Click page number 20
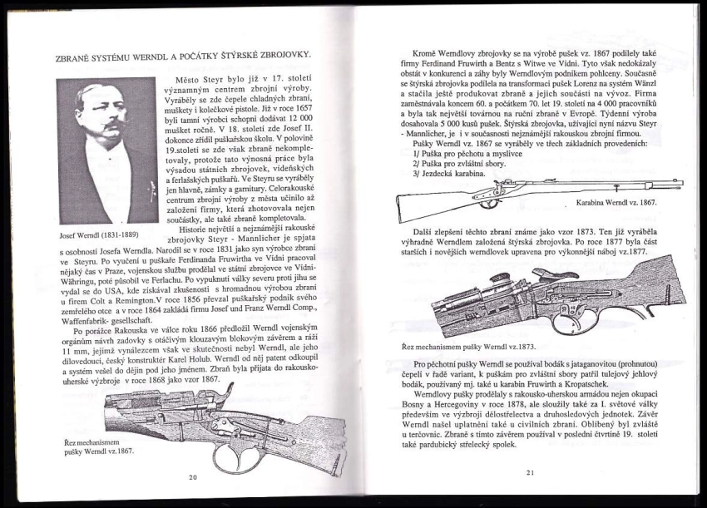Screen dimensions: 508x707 click(192, 476)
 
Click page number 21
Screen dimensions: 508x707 click(529, 473)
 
